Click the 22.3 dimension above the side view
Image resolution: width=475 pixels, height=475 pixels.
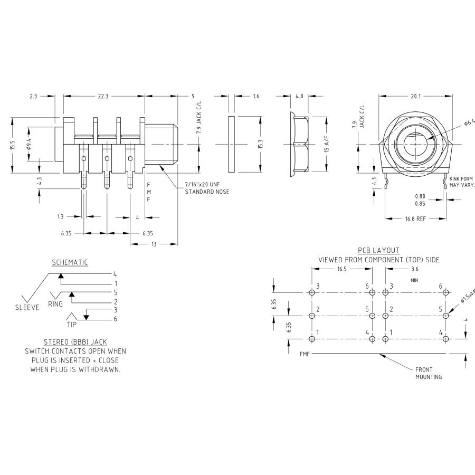(103, 96)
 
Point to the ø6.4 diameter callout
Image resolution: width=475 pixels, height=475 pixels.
(469, 122)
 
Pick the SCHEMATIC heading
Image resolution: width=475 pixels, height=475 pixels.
(70, 262)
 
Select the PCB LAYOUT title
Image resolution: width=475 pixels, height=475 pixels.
(378, 250)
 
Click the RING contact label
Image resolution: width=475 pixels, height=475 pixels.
(55, 304)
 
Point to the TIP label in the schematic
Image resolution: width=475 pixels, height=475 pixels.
(71, 325)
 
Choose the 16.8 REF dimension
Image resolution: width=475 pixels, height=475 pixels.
(415, 218)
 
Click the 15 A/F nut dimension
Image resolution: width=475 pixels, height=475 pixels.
(327, 144)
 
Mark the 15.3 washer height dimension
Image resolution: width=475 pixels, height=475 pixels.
(260, 144)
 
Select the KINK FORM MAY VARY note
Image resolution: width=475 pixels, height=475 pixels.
(462, 182)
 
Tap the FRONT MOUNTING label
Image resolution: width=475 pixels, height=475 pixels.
(428, 373)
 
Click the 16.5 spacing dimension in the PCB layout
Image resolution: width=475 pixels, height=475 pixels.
(341, 269)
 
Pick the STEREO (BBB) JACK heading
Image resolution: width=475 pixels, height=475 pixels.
(76, 342)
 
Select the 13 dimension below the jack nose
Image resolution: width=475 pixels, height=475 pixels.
(153, 244)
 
